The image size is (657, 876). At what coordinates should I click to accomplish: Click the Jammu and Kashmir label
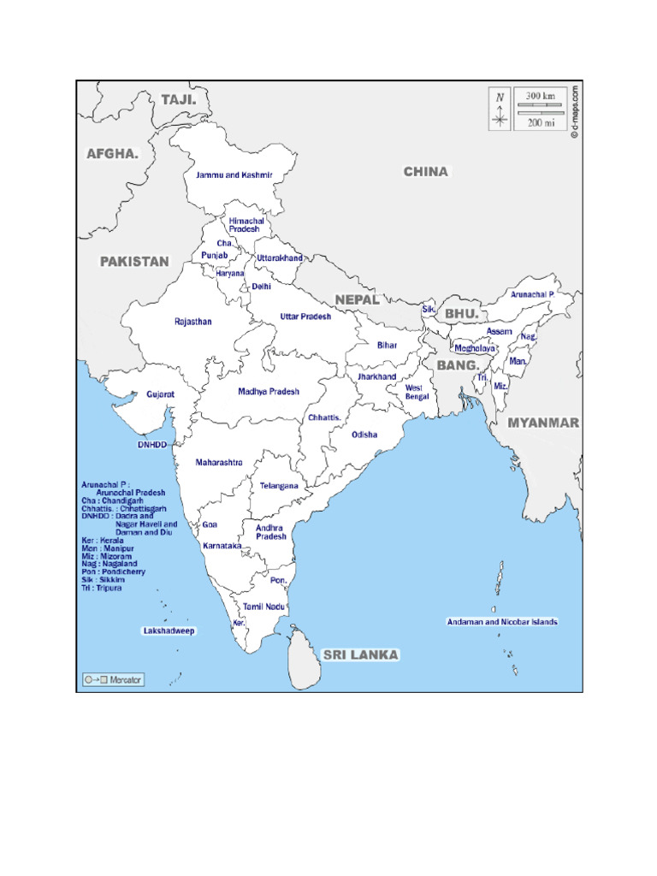[x=234, y=175]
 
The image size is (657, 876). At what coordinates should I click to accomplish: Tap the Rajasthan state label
[x=192, y=322]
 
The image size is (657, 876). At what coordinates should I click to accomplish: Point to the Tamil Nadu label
[x=263, y=606]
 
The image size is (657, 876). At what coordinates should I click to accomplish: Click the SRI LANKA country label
[x=360, y=654]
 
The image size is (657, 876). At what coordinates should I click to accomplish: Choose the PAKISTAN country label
[x=134, y=262]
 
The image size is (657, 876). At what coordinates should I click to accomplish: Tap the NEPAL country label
[x=357, y=299]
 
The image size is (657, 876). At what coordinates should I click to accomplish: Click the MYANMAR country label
[x=543, y=423]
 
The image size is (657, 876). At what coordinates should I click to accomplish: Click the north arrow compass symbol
[x=500, y=109]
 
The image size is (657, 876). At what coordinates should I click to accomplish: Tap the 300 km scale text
[x=540, y=96]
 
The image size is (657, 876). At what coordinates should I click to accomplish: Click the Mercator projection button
[x=114, y=680]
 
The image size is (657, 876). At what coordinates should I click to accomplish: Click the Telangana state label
[x=279, y=486]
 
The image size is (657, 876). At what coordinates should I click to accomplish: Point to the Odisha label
[x=364, y=435]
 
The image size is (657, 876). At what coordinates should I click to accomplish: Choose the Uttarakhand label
[x=280, y=257]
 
